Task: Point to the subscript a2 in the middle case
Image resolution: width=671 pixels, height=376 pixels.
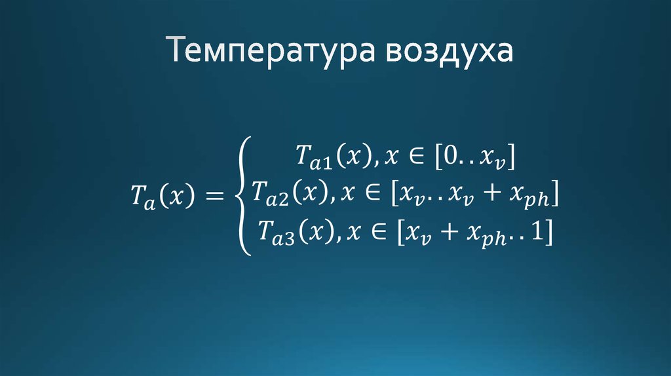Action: click(285, 198)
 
